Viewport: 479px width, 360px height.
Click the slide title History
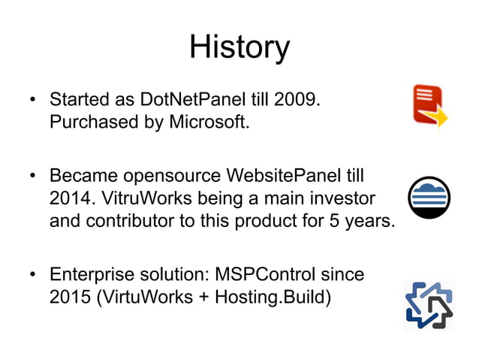(x=239, y=47)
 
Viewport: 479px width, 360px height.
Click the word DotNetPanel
(x=203, y=99)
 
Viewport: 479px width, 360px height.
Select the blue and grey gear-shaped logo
(x=429, y=306)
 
